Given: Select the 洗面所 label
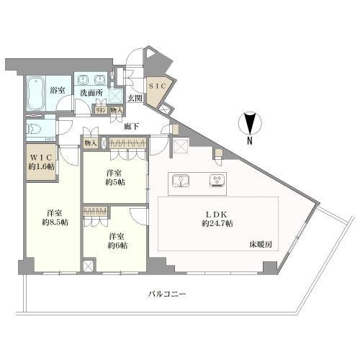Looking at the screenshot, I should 90,93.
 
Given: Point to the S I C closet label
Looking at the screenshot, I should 157,85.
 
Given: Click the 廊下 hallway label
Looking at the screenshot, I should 131,127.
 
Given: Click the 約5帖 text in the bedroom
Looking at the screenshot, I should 114,183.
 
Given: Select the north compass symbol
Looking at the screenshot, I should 251,124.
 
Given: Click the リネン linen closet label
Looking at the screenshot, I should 102,110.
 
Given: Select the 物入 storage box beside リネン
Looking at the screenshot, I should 116,110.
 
